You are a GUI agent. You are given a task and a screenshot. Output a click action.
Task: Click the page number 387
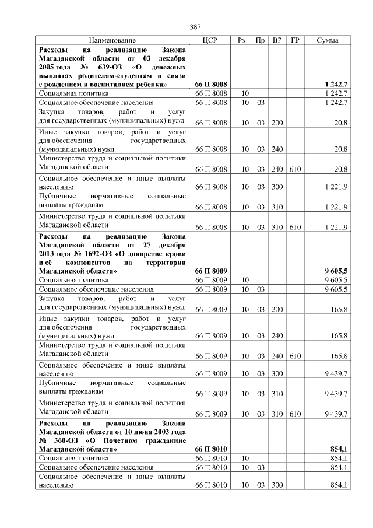click(x=195, y=27)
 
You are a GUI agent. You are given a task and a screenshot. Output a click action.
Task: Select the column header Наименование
click(x=112, y=41)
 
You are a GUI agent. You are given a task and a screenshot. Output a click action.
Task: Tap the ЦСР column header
click(x=210, y=41)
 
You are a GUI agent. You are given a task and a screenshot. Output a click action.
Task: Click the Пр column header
click(x=260, y=41)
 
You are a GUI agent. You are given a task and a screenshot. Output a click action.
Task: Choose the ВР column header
click(x=277, y=41)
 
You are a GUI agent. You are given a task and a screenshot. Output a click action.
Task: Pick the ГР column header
click(x=295, y=41)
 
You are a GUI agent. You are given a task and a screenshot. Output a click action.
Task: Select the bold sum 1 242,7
click(x=336, y=85)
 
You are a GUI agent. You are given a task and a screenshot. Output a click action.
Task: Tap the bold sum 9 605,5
click(x=336, y=271)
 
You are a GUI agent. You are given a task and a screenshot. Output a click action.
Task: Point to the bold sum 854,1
click(x=339, y=449)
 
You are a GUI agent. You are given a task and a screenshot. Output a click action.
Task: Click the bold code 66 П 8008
click(x=210, y=85)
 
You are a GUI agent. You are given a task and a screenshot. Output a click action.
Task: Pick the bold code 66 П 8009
click(x=210, y=271)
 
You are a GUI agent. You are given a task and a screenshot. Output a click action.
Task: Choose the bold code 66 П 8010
click(x=210, y=449)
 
